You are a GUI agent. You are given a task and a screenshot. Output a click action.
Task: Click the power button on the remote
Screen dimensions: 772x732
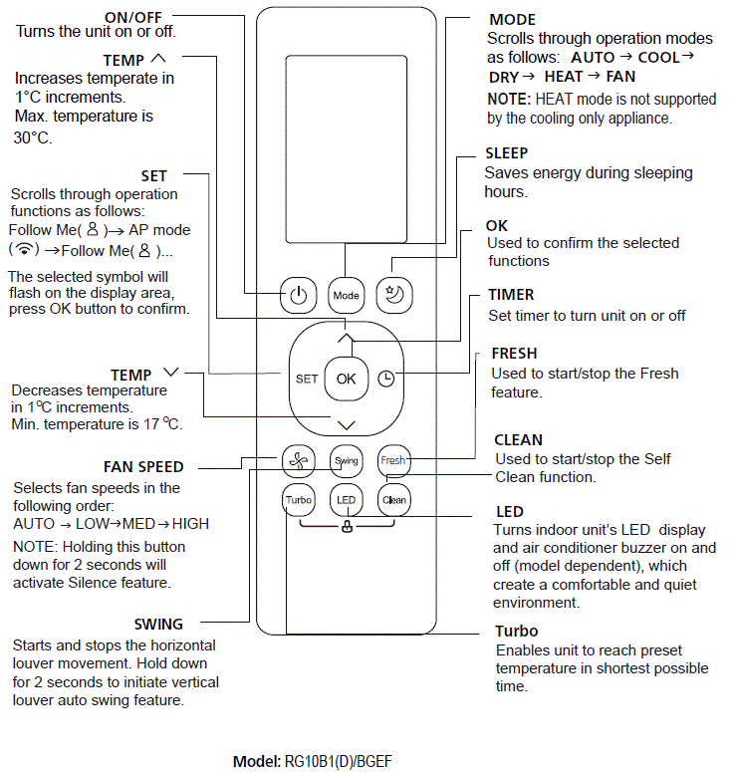(x=298, y=295)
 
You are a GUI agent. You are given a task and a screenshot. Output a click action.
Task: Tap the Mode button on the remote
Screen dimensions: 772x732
(x=346, y=295)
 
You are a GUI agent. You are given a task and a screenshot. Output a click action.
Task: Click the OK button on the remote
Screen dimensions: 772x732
(x=346, y=379)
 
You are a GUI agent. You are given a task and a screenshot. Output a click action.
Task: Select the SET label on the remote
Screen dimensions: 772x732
(x=306, y=379)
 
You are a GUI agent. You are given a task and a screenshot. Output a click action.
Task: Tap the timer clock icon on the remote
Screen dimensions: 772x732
(x=385, y=379)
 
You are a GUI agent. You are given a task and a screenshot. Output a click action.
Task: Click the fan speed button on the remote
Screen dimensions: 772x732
(x=298, y=460)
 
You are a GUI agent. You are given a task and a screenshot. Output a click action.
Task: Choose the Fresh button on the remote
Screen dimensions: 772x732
(x=393, y=460)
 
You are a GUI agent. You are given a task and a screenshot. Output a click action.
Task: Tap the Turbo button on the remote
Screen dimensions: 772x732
(x=298, y=499)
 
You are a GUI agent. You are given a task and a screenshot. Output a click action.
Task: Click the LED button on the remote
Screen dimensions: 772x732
(x=346, y=499)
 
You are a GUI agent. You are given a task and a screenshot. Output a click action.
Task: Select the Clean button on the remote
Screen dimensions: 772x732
(x=394, y=499)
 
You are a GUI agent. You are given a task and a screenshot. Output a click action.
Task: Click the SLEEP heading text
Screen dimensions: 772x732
(x=506, y=153)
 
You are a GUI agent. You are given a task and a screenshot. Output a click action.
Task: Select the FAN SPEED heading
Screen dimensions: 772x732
(x=143, y=467)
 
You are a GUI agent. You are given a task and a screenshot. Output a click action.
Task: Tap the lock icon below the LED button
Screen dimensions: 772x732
(x=347, y=527)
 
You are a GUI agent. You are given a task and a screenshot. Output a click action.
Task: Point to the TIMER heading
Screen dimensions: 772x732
(x=511, y=295)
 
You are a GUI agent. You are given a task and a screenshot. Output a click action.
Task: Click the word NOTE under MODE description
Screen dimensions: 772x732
(x=509, y=99)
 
